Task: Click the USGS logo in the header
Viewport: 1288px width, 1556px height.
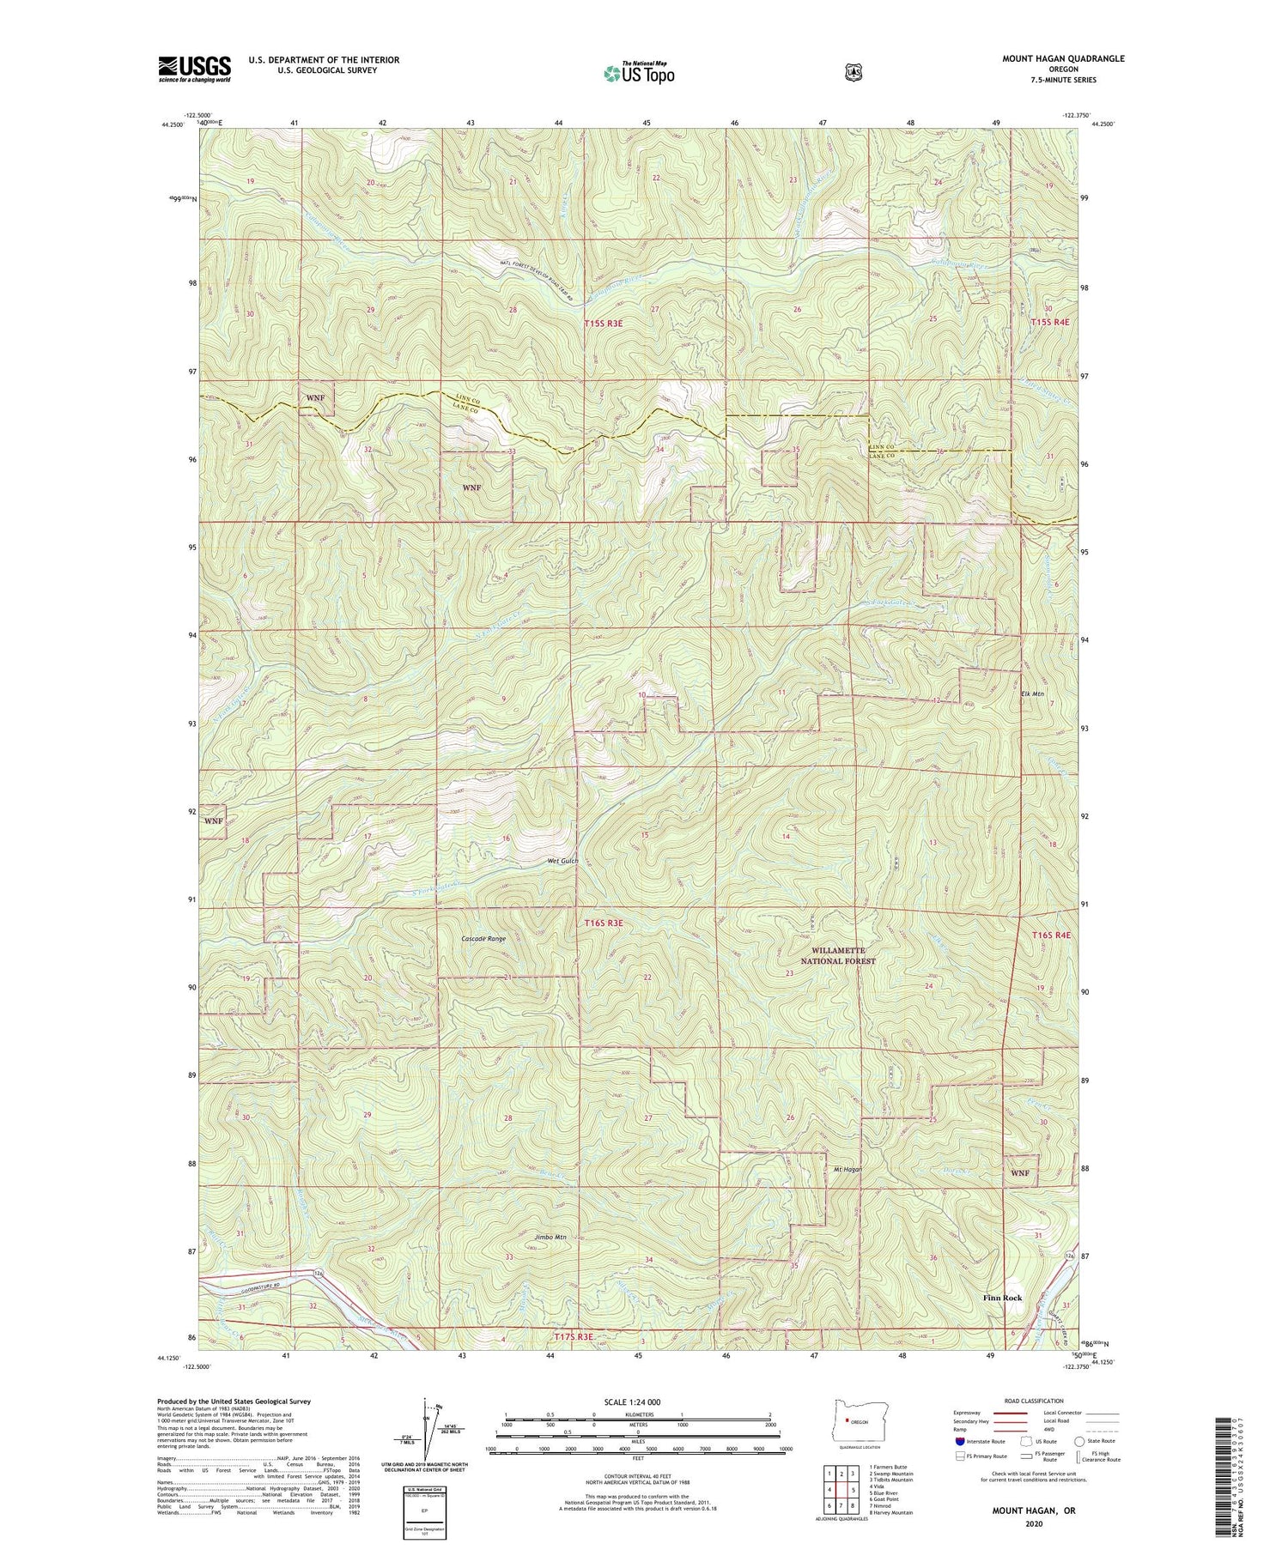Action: click(x=194, y=69)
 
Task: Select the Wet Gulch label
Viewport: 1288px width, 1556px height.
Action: click(x=561, y=861)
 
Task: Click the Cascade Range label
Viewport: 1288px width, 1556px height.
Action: click(x=483, y=939)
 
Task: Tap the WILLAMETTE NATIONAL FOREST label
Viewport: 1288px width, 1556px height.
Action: click(x=837, y=956)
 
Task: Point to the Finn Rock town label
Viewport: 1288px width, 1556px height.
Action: click(x=1002, y=1323)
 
